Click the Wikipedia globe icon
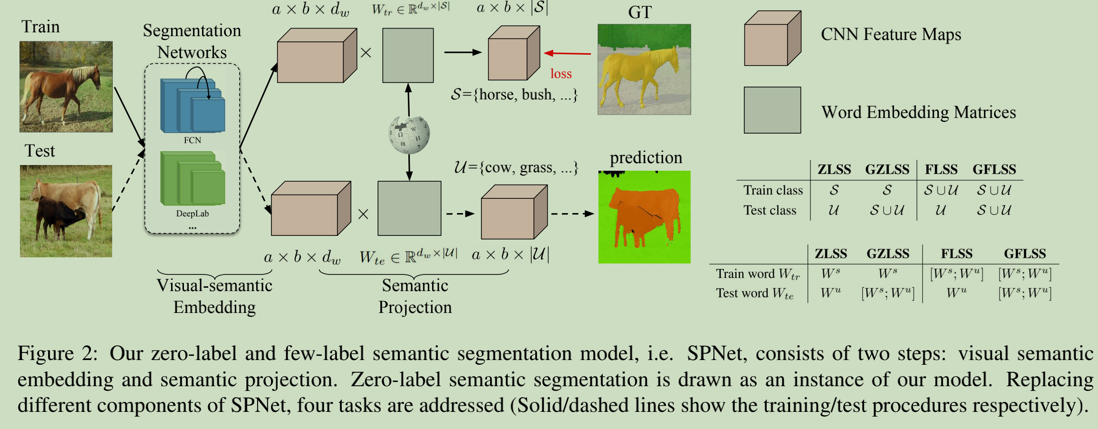point(409,135)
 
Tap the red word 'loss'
point(561,74)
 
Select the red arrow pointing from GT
point(568,53)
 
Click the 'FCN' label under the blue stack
point(193,140)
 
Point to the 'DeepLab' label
point(193,214)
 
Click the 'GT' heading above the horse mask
point(640,12)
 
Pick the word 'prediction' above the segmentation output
point(646,157)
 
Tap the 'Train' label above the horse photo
point(41,27)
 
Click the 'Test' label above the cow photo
point(40,151)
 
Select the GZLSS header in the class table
point(887,169)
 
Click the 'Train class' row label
point(773,190)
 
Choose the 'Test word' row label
point(755,293)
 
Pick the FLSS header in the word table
point(956,253)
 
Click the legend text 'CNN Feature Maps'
point(891,34)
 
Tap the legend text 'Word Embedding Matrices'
point(918,112)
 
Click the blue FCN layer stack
point(193,107)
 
